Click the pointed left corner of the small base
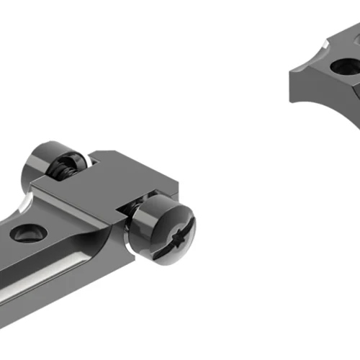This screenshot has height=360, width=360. (291, 71)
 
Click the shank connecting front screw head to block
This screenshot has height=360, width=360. (134, 216)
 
